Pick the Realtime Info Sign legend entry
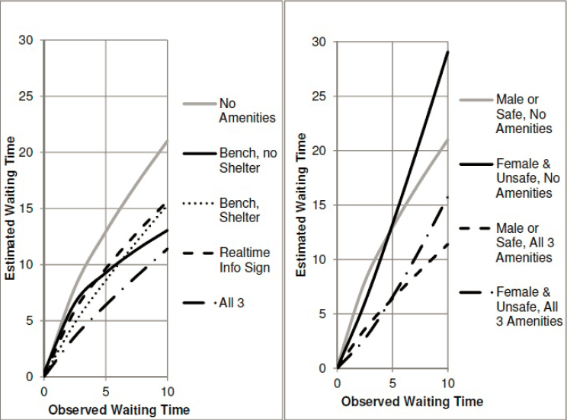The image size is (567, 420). tap(244, 259)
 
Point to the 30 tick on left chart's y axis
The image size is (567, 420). tap(27, 40)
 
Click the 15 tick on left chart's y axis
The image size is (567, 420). tap(27, 208)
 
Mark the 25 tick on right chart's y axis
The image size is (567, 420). tap(320, 96)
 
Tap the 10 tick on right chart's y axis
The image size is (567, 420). tap(320, 259)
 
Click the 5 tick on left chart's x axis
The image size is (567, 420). tap(106, 390)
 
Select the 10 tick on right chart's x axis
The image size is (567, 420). tap(448, 383)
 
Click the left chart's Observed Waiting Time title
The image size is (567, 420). tap(118, 409)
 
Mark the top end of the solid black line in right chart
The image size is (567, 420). tap(448, 52)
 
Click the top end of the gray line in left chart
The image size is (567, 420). tap(167, 141)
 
